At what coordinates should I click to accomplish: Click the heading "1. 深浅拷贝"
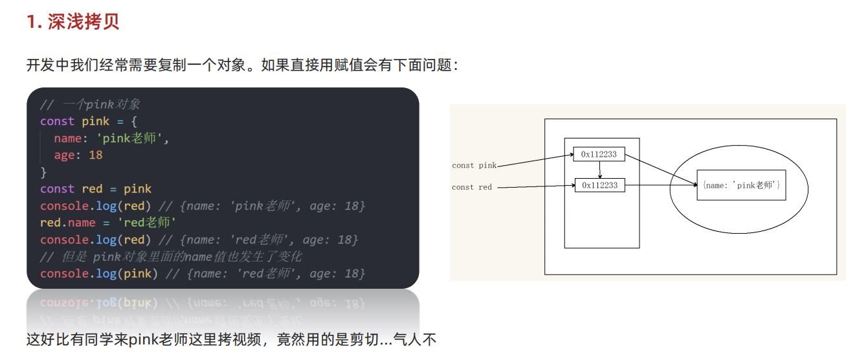click(x=72, y=21)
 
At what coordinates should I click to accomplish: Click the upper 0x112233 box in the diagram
click(x=599, y=154)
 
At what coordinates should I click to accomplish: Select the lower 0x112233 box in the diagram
click(x=599, y=185)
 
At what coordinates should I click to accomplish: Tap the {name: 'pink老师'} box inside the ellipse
click(x=741, y=185)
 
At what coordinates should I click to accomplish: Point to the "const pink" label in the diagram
click(x=474, y=166)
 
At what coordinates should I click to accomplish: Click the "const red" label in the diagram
click(x=472, y=187)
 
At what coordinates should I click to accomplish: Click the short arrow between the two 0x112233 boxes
click(x=600, y=170)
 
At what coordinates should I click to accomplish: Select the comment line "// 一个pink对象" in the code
click(x=90, y=104)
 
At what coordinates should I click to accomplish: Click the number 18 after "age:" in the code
click(x=96, y=155)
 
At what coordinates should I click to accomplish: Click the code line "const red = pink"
click(x=96, y=189)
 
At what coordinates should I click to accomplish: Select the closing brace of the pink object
click(x=43, y=172)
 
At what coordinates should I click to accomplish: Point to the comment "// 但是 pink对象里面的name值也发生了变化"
click(x=171, y=257)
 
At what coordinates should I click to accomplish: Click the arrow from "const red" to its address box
click(x=536, y=188)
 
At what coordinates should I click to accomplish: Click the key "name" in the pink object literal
click(x=67, y=138)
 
